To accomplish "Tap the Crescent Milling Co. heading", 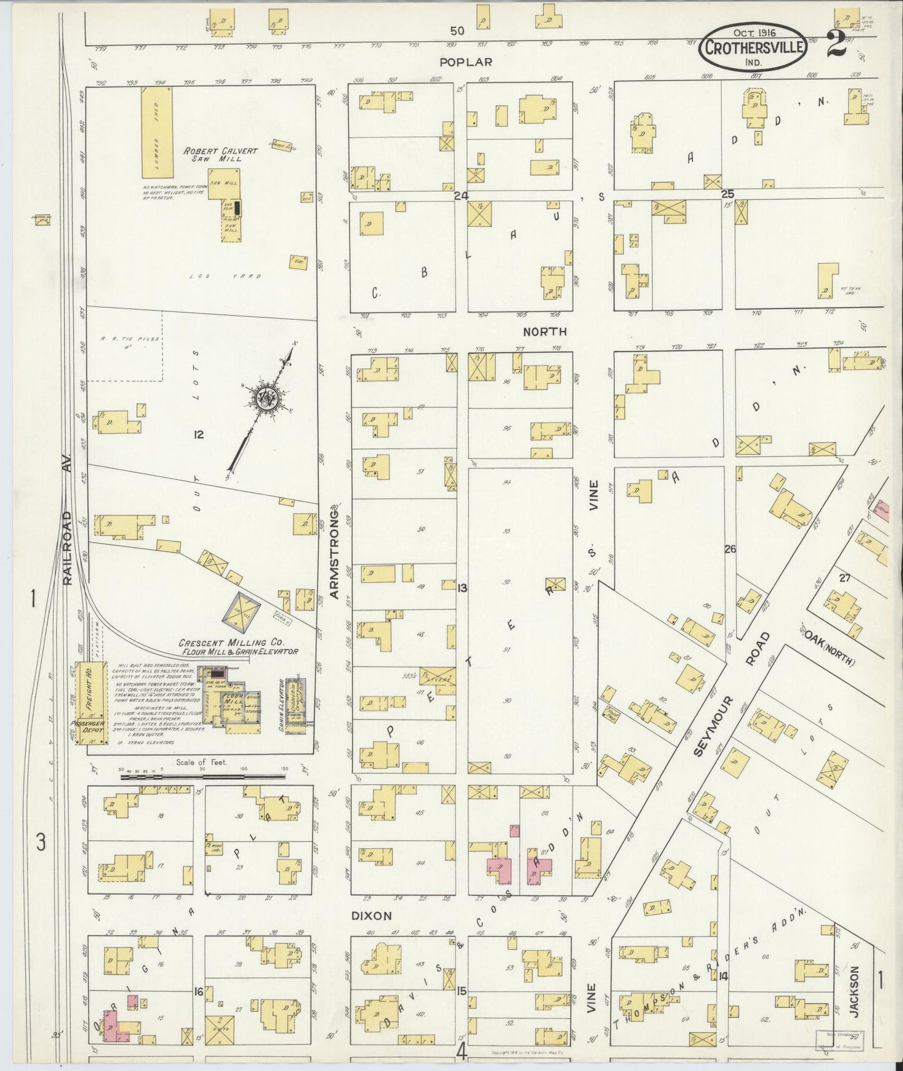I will click(x=237, y=646).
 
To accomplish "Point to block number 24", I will click(x=461, y=196).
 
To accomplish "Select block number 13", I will click(x=462, y=588).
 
